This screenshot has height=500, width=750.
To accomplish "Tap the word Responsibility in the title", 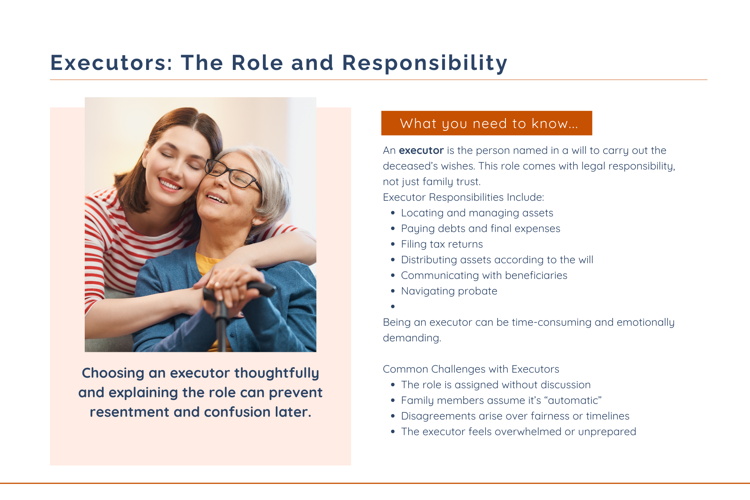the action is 425,63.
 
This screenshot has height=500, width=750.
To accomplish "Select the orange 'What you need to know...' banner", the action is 487,123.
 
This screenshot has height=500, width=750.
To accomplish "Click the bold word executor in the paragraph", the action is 421,150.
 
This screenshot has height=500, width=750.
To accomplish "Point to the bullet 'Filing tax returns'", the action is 442,244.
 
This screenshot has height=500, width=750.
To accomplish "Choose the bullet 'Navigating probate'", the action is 449,291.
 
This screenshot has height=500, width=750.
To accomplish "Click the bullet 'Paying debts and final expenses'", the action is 480,229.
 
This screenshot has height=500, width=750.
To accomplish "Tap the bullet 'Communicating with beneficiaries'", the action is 484,275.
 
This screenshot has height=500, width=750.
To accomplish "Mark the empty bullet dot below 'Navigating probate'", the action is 393,307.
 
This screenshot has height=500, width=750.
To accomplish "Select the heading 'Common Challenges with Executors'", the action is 471,369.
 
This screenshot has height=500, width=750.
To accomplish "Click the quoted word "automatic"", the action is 573,400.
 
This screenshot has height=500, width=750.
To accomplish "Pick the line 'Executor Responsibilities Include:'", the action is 463,197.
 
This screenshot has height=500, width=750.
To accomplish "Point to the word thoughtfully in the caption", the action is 277,373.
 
